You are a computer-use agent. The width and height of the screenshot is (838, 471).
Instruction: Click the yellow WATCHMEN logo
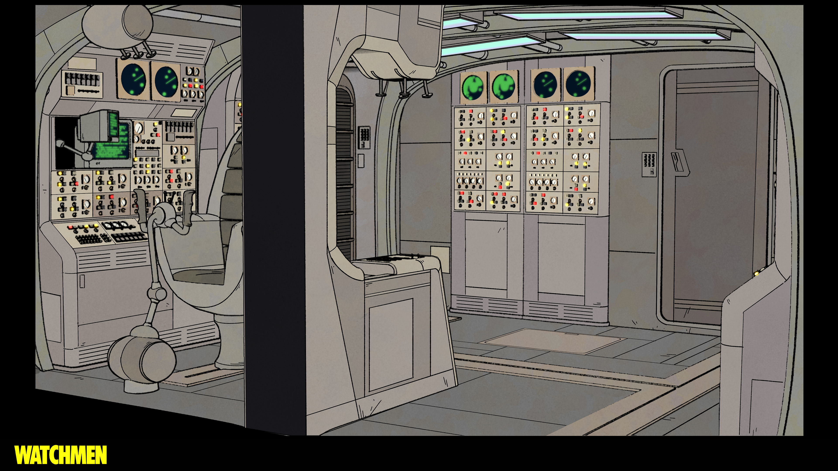(x=60, y=455)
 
